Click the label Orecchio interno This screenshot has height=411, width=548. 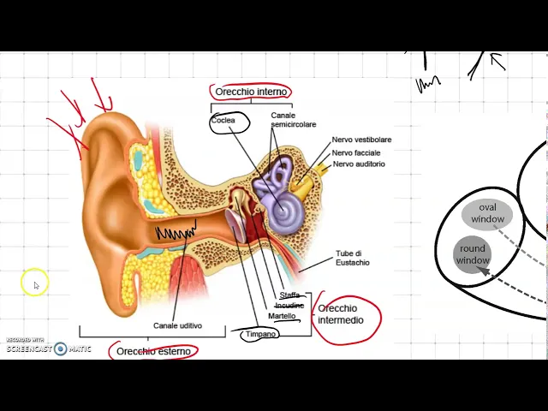(x=251, y=92)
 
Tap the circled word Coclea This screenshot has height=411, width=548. (x=225, y=122)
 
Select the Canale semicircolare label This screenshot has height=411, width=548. (x=293, y=120)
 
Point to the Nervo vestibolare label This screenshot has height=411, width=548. (x=361, y=140)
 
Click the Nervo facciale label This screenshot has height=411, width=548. (x=356, y=152)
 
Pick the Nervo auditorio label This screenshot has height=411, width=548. (x=359, y=164)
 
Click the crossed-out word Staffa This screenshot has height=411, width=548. (x=289, y=295)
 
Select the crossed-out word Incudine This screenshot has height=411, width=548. (x=289, y=306)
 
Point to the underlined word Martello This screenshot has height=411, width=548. (x=282, y=316)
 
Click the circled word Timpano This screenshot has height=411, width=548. (x=261, y=334)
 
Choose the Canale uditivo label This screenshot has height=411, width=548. (x=177, y=325)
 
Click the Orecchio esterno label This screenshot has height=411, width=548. (x=153, y=351)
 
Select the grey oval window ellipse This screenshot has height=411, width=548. (x=487, y=213)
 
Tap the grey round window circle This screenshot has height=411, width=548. (x=472, y=254)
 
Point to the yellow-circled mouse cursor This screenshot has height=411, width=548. (x=35, y=283)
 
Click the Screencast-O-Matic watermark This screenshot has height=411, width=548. (x=48, y=347)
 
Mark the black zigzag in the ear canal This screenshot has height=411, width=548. (x=175, y=231)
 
